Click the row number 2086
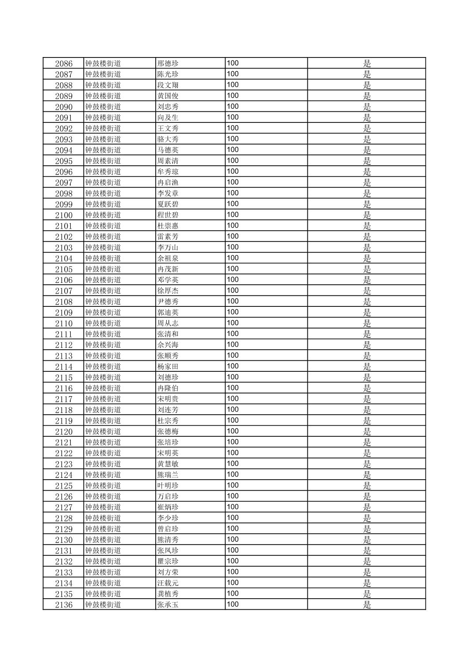(x=64, y=64)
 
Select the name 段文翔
(x=168, y=85)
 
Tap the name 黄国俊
(x=168, y=96)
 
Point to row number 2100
(x=64, y=215)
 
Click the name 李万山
(x=168, y=248)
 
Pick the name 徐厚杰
(x=168, y=291)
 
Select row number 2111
(x=64, y=334)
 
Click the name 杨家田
(x=168, y=367)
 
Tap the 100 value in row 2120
(x=233, y=431)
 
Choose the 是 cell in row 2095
(x=367, y=161)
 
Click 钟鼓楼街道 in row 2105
(x=103, y=269)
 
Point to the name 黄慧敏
(x=168, y=464)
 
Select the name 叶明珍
(x=168, y=485)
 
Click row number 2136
(x=64, y=605)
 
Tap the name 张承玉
(x=168, y=605)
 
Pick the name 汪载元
(x=168, y=583)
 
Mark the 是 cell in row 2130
(x=367, y=540)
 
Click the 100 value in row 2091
(x=233, y=117)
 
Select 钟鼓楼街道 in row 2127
(x=103, y=507)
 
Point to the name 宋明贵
(x=168, y=399)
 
